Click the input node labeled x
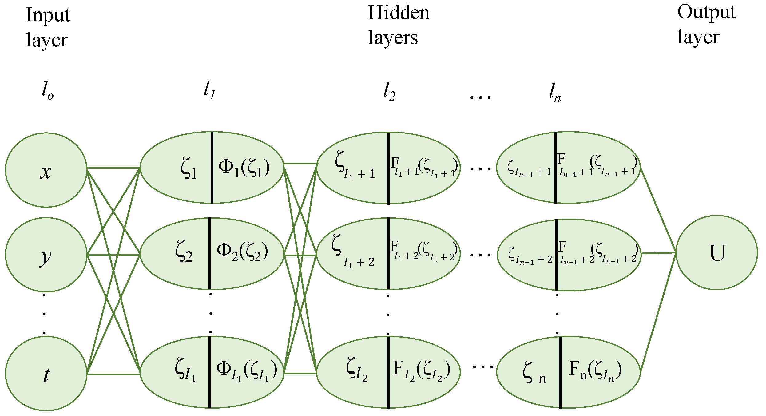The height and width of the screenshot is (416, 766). (x=46, y=170)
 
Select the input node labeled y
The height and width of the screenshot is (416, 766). (x=46, y=255)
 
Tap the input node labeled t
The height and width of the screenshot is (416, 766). (x=46, y=373)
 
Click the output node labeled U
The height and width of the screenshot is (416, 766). (x=716, y=252)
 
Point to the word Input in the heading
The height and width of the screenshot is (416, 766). (x=48, y=15)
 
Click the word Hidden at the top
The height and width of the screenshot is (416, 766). (x=399, y=13)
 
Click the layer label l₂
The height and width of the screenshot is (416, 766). (x=389, y=92)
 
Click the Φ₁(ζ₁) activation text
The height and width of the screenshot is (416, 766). (x=244, y=168)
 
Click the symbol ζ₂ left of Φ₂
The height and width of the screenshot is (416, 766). (x=184, y=252)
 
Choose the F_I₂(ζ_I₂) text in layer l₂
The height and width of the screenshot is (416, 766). (x=422, y=370)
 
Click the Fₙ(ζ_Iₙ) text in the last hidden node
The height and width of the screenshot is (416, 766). (x=595, y=370)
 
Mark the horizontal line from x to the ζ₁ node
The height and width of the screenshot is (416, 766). (x=113, y=168)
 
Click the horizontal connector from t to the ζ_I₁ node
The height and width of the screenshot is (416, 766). (x=113, y=374)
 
